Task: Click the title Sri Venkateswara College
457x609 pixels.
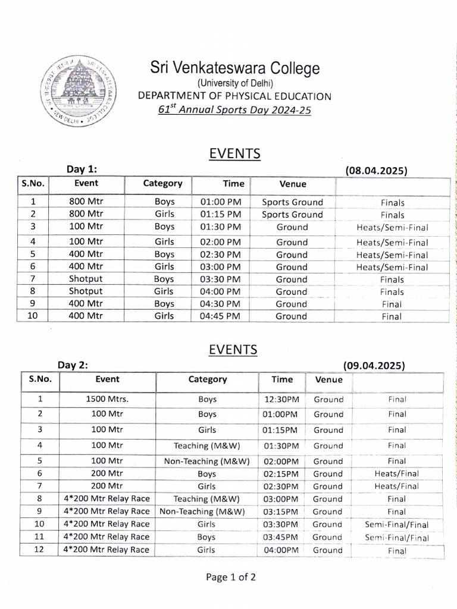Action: click(234, 68)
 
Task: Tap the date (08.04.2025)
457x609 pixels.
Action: click(375, 170)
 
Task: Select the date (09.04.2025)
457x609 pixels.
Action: click(374, 365)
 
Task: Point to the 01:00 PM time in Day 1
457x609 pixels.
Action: click(221, 202)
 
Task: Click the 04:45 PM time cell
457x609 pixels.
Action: click(221, 316)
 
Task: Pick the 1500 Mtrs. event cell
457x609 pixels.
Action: click(107, 399)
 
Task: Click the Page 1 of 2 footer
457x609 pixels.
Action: click(231, 576)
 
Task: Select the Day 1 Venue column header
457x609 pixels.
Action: click(292, 184)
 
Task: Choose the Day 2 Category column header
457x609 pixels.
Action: click(207, 379)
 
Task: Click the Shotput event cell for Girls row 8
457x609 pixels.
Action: click(86, 291)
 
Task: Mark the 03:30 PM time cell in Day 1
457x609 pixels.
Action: click(221, 279)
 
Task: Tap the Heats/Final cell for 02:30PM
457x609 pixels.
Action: click(396, 486)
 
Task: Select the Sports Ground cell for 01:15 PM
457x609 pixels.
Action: click(292, 215)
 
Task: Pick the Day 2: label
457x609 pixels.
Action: click(73, 365)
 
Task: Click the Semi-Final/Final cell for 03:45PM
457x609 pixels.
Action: click(396, 538)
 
